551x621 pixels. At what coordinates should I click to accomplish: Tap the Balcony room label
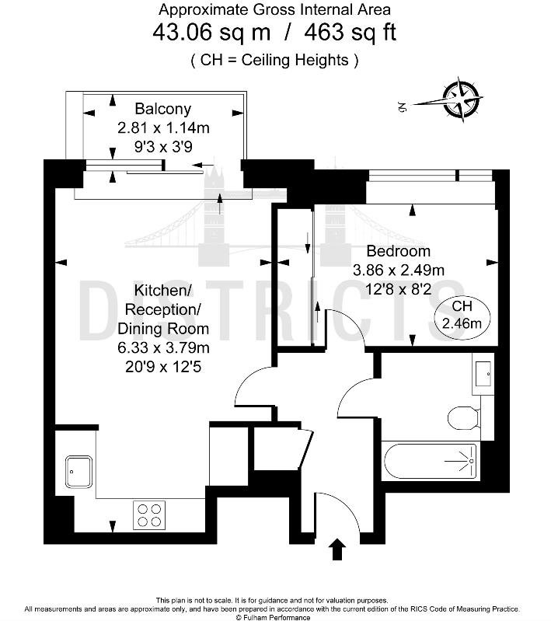pos(162,109)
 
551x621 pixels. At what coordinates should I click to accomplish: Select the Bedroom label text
pos(398,251)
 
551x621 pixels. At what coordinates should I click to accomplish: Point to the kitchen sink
pos(78,472)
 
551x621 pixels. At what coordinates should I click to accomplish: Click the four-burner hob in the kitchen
pos(149,514)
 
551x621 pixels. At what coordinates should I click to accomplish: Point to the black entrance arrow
pos(338,550)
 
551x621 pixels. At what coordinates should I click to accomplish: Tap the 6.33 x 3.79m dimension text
pos(162,347)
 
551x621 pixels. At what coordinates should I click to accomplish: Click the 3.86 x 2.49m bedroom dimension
pos(398,270)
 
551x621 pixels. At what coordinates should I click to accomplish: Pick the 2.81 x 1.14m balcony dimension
pos(162,127)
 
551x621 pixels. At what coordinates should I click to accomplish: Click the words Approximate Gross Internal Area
pos(274,10)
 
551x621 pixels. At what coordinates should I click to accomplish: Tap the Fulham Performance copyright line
pos(274,617)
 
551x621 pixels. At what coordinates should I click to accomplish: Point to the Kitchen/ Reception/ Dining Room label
pos(162,309)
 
